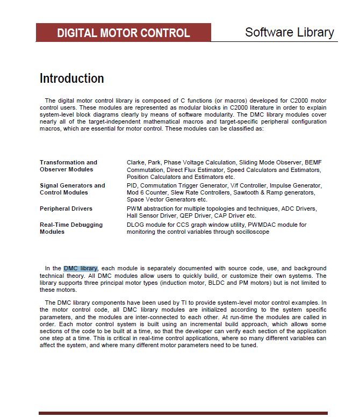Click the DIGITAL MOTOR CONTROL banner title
(123, 33)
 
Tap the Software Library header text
(289, 32)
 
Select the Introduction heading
(71, 78)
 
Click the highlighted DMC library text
(81, 268)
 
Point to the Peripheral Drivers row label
(66, 208)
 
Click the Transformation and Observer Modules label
(68, 166)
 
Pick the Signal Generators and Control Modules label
(72, 189)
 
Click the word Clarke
(136, 162)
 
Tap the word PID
(132, 185)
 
